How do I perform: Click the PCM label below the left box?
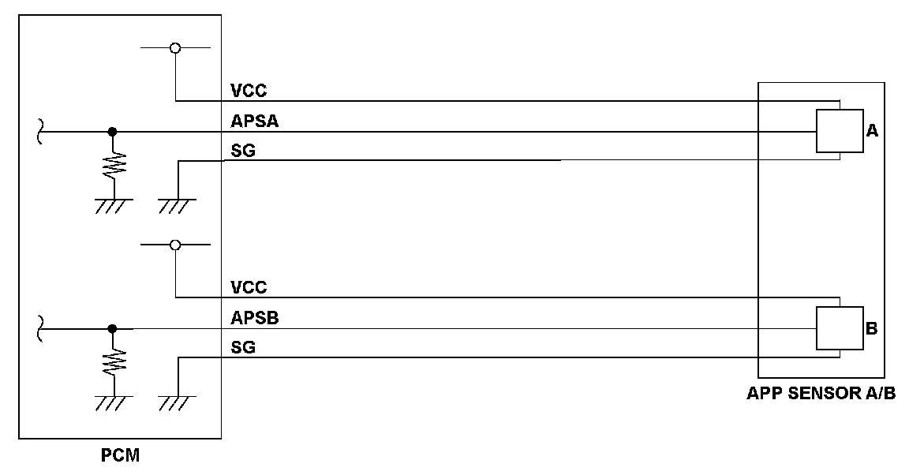pyautogui.click(x=120, y=455)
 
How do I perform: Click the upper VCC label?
pyautogui.click(x=249, y=91)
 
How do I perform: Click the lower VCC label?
pyautogui.click(x=249, y=287)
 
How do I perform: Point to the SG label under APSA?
pyautogui.click(x=243, y=151)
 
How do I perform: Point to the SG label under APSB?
pyautogui.click(x=243, y=347)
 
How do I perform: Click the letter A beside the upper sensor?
pyautogui.click(x=872, y=132)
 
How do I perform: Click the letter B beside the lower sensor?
pyautogui.click(x=872, y=328)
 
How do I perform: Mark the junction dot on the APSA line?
pyautogui.click(x=113, y=132)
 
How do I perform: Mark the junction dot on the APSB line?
pyautogui.click(x=113, y=328)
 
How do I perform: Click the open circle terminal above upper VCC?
pyautogui.click(x=175, y=48)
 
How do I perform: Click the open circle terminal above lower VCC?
pyautogui.click(x=175, y=245)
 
